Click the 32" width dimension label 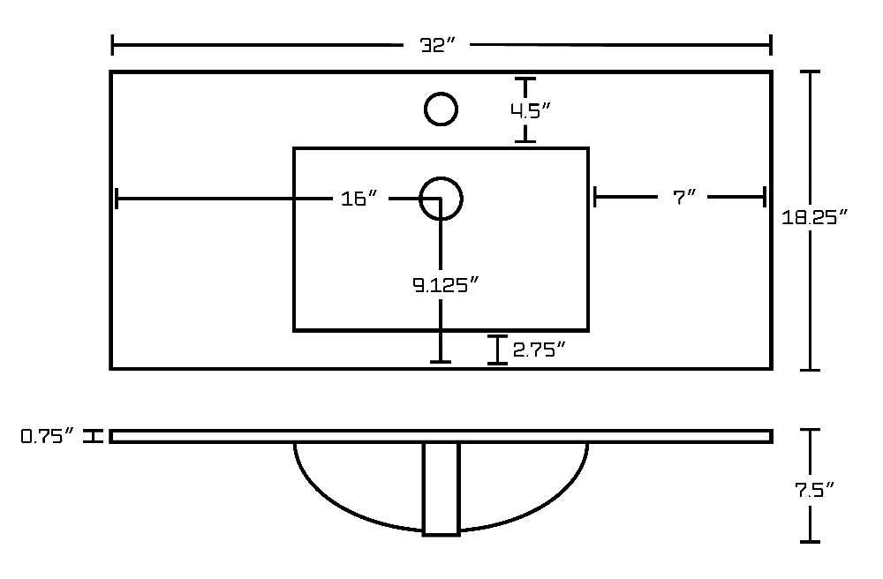(437, 45)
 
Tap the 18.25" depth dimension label (815, 216)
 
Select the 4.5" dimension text (530, 111)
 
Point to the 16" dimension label (359, 198)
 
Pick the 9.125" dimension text (445, 285)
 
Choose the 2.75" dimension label (539, 350)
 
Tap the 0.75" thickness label (48, 436)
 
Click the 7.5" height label (814, 490)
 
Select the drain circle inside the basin (441, 178)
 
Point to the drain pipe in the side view (441, 488)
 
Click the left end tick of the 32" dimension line (113, 45)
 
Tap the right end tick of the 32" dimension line (770, 45)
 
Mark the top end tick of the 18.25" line (810, 72)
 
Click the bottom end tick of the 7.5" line (810, 542)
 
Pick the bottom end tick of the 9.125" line (441, 362)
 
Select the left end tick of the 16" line (117, 198)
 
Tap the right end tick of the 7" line (764, 197)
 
